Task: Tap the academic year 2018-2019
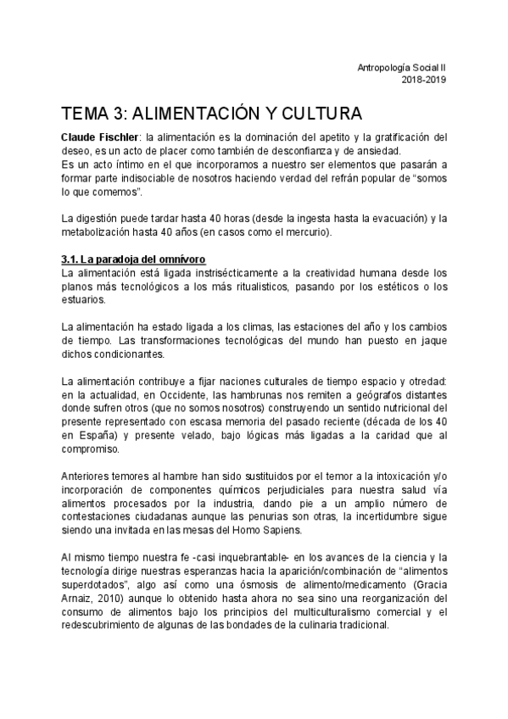422,81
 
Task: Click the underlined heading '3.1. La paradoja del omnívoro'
133,259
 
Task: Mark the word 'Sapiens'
276,530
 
